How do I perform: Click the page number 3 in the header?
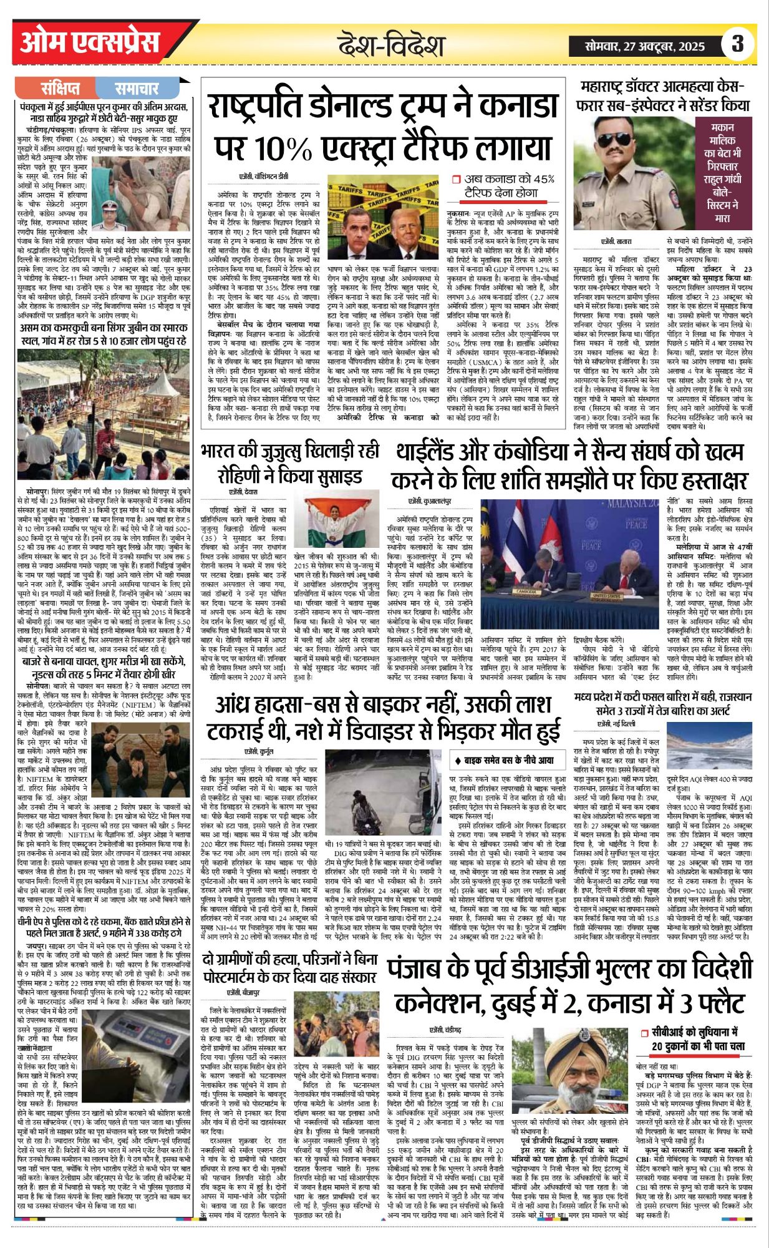point(738,44)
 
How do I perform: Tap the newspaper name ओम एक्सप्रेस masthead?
point(90,43)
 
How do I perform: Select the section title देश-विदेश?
point(392,46)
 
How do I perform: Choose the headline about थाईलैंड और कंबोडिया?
point(569,466)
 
